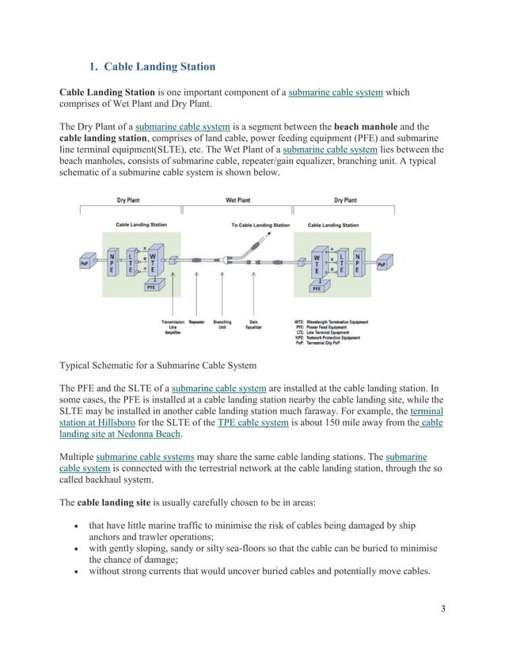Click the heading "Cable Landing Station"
point(159,66)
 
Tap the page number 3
point(442,608)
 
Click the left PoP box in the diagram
point(85,262)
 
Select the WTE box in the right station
point(317,263)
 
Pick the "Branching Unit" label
point(222,325)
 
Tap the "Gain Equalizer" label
point(253,325)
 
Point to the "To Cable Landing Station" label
point(260,225)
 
